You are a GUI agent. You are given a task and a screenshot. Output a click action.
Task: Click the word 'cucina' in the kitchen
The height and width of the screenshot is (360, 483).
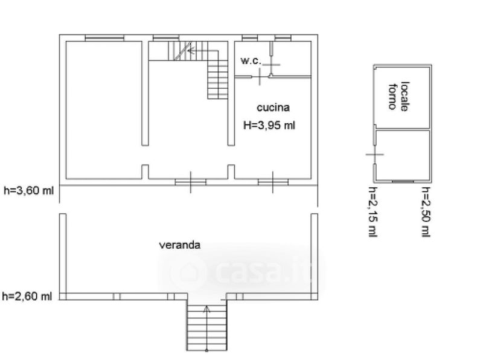click(x=273, y=108)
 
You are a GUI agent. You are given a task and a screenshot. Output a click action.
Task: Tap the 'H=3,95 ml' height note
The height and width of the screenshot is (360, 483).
click(x=269, y=125)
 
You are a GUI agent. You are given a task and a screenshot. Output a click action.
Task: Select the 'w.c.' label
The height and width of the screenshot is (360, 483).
click(x=251, y=60)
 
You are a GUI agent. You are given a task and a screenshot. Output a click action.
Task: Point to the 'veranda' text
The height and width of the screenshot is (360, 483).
click(x=179, y=245)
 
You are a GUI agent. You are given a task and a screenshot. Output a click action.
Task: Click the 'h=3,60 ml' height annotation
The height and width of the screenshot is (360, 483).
click(x=28, y=190)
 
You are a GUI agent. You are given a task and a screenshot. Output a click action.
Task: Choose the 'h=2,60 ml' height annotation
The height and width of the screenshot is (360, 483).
click(x=27, y=296)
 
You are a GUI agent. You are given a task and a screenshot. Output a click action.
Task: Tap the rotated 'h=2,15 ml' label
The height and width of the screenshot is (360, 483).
click(x=373, y=212)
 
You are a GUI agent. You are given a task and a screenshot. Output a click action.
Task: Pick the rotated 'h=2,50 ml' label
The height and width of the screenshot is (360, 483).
click(x=426, y=212)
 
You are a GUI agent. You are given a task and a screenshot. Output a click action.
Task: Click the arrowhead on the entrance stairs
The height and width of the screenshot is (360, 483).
click(x=206, y=308)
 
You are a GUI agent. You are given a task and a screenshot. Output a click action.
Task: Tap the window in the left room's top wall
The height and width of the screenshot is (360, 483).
click(x=104, y=38)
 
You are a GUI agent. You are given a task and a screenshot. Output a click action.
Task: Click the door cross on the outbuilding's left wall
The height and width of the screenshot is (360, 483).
click(x=374, y=154)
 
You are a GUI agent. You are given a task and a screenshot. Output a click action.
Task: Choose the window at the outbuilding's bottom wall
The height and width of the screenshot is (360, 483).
click(x=403, y=181)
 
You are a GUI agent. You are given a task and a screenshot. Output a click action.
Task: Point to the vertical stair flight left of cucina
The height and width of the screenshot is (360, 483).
click(x=218, y=80)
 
